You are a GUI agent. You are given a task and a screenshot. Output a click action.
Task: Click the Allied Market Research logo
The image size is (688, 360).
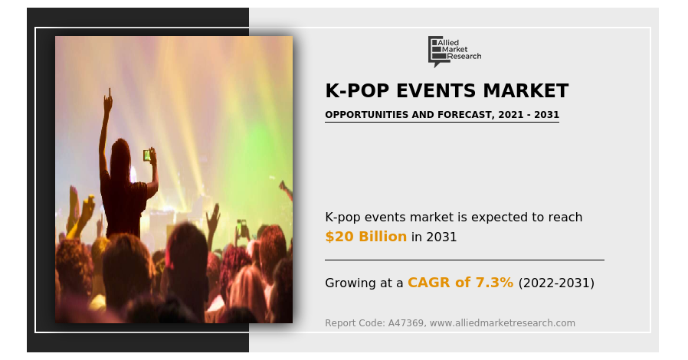click(x=454, y=51)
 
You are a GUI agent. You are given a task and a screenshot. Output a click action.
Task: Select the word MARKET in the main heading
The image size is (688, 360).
click(x=526, y=91)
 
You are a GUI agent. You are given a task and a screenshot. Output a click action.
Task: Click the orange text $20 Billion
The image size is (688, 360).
click(x=366, y=237)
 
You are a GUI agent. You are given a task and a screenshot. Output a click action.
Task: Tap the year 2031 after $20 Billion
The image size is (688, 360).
click(x=441, y=237)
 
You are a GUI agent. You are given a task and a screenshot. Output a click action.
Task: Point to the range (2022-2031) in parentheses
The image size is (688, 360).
click(x=556, y=283)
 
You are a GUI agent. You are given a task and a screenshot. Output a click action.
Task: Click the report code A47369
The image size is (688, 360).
click(x=406, y=323)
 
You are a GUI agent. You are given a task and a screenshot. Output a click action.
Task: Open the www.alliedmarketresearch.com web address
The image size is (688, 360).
click(x=502, y=323)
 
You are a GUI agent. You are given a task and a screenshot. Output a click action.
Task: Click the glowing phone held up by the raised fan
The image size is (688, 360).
click(x=146, y=155)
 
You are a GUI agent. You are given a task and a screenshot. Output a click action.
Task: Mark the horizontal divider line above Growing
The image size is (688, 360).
click(x=464, y=260)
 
